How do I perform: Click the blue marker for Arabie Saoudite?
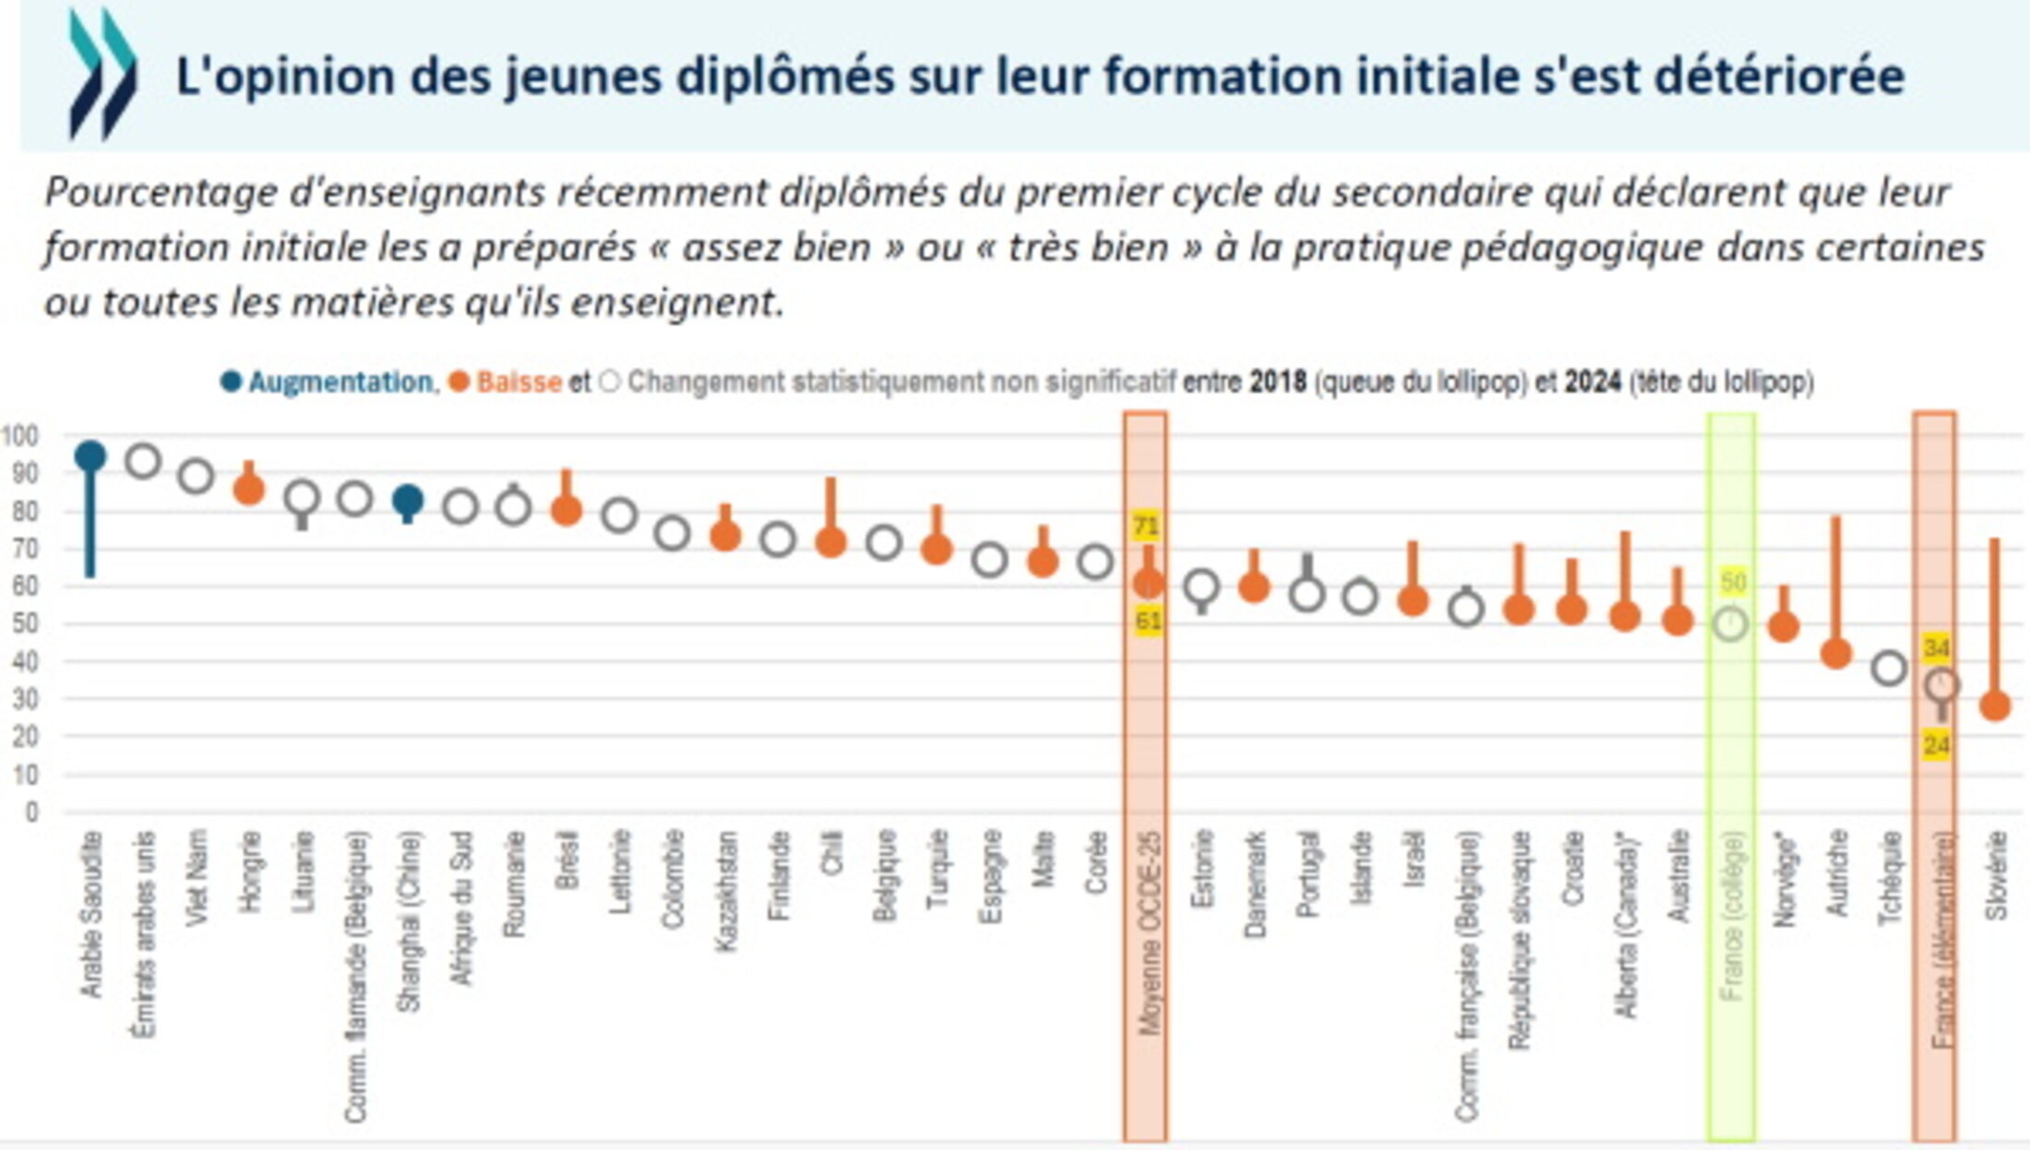[90, 456]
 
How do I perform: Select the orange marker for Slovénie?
[1995, 706]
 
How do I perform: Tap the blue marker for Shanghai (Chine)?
[408, 501]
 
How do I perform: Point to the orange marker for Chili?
[830, 542]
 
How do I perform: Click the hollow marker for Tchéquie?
[1889, 668]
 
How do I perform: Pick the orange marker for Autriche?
[1836, 654]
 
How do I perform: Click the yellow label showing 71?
[1146, 527]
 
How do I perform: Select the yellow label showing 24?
[1936, 744]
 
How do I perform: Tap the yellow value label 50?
[1733, 582]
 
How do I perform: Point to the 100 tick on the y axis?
[20, 435]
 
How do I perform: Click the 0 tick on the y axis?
[32, 812]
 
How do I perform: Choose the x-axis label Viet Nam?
[197, 876]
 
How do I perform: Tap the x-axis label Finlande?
[779, 876]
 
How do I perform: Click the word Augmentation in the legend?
[340, 382]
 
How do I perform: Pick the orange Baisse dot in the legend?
[459, 382]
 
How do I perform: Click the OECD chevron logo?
[102, 74]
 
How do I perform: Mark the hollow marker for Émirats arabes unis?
[143, 460]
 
